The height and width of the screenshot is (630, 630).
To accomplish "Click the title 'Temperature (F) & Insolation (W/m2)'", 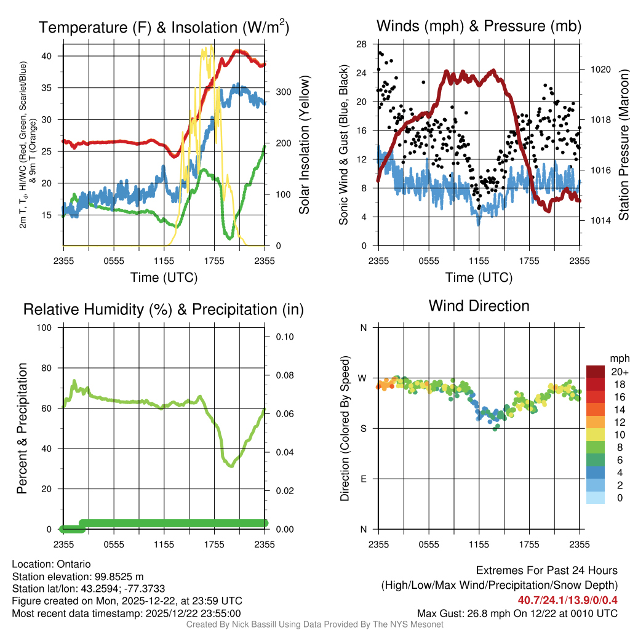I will (x=164, y=28).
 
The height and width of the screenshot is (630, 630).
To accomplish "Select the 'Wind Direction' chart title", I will (x=479, y=306).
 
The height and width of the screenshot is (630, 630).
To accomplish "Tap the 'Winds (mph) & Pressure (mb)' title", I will (x=479, y=26).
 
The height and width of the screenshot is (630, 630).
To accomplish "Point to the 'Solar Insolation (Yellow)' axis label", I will (x=304, y=145).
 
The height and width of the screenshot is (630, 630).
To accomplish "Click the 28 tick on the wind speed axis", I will (x=362, y=44).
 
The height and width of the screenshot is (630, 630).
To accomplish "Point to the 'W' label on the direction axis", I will (x=364, y=378).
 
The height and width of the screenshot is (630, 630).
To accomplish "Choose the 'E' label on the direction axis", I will (x=364, y=479).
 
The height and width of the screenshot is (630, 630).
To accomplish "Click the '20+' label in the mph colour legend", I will (x=618, y=372).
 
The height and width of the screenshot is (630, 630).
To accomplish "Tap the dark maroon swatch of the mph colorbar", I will (x=596, y=372).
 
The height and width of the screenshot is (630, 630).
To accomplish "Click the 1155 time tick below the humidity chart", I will (x=164, y=544).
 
